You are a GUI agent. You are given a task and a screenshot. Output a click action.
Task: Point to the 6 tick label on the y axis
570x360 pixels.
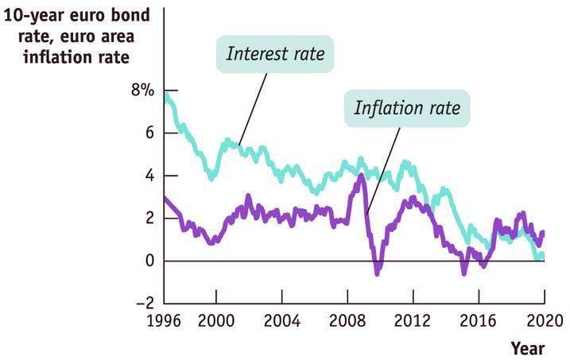point(148,134)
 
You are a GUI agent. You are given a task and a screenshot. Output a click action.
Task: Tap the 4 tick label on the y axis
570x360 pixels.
point(148,176)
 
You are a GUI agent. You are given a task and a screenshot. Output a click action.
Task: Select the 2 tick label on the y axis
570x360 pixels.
point(148,219)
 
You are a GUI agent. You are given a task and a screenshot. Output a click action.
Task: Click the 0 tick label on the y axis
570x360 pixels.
point(148,261)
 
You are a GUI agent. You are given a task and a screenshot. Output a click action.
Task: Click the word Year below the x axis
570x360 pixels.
point(527,348)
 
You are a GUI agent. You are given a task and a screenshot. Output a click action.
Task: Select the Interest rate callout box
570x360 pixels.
point(275,54)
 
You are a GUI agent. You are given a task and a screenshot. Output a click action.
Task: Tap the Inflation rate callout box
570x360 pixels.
point(406,107)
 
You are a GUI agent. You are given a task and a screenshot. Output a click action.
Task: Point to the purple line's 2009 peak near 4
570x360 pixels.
point(362,175)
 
